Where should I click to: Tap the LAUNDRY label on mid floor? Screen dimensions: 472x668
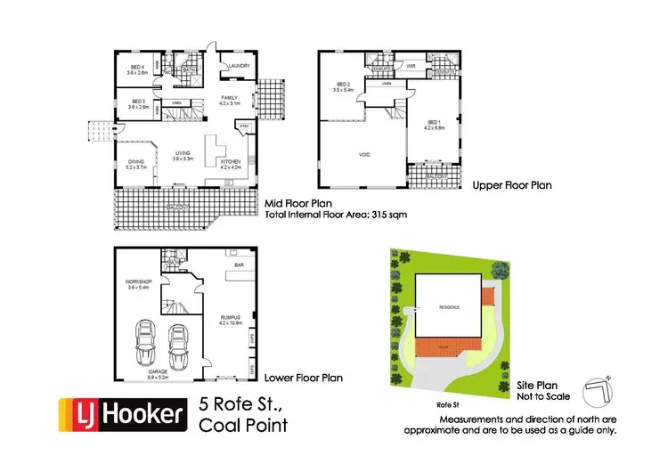pos(239,66)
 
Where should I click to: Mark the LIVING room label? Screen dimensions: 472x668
pos(184,154)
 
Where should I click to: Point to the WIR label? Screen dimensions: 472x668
pos(412,65)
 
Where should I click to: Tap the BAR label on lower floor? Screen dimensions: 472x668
pos(238,264)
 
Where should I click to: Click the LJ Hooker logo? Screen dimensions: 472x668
pos(122,413)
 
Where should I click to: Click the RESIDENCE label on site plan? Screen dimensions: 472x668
pos(449,307)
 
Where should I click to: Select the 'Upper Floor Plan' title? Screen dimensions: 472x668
pos(512,186)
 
